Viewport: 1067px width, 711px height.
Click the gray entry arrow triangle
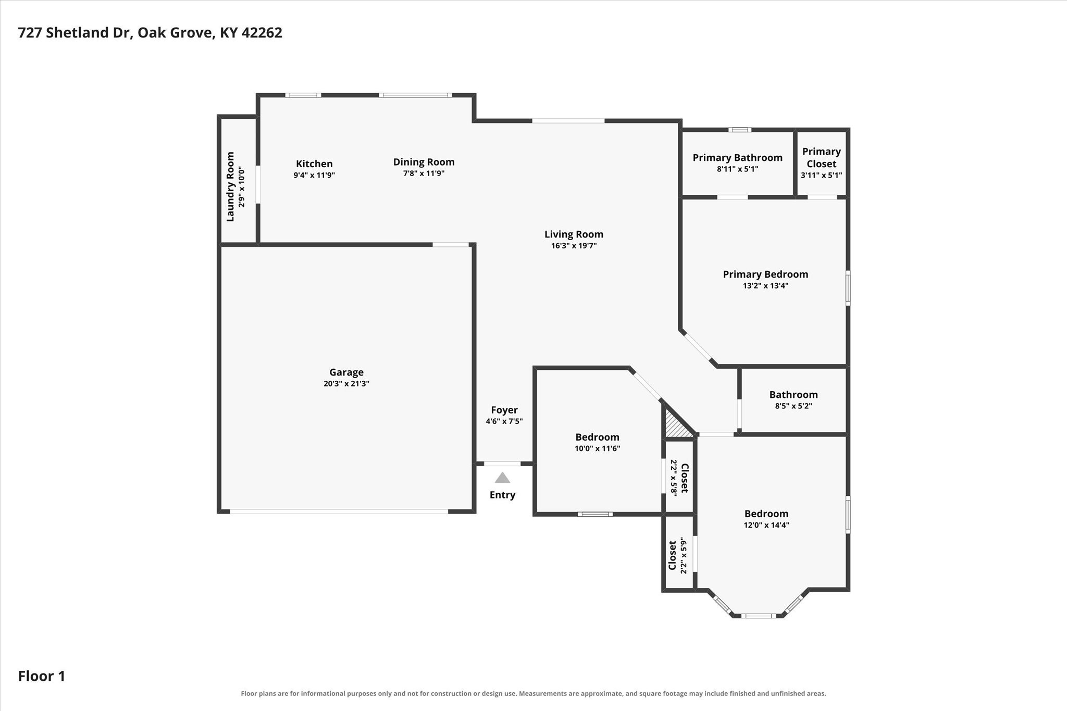pyautogui.click(x=502, y=478)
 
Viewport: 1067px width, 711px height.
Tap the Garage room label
pyautogui.click(x=346, y=372)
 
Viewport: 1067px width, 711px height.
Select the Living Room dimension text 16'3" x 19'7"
pyautogui.click(x=574, y=246)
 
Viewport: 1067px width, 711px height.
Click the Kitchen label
pyautogui.click(x=314, y=164)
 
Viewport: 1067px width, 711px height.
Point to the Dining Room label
pyautogui.click(x=424, y=162)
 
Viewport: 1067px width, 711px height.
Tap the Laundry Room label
pyautogui.click(x=230, y=186)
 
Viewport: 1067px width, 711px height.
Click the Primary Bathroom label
pyautogui.click(x=737, y=158)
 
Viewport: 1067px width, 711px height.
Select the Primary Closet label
pyautogui.click(x=822, y=157)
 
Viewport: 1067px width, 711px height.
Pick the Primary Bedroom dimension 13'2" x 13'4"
pyautogui.click(x=765, y=285)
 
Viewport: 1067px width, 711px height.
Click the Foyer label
pyautogui.click(x=504, y=410)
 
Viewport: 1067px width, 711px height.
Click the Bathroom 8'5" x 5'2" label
pyautogui.click(x=793, y=400)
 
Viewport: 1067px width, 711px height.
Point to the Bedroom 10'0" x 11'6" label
pyautogui.click(x=597, y=442)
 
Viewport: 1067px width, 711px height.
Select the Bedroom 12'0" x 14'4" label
pyautogui.click(x=766, y=519)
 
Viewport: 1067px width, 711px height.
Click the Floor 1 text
pyautogui.click(x=42, y=676)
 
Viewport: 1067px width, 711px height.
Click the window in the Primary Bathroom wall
pyautogui.click(x=740, y=130)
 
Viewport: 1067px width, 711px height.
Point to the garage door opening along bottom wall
pyautogui.click(x=339, y=512)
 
